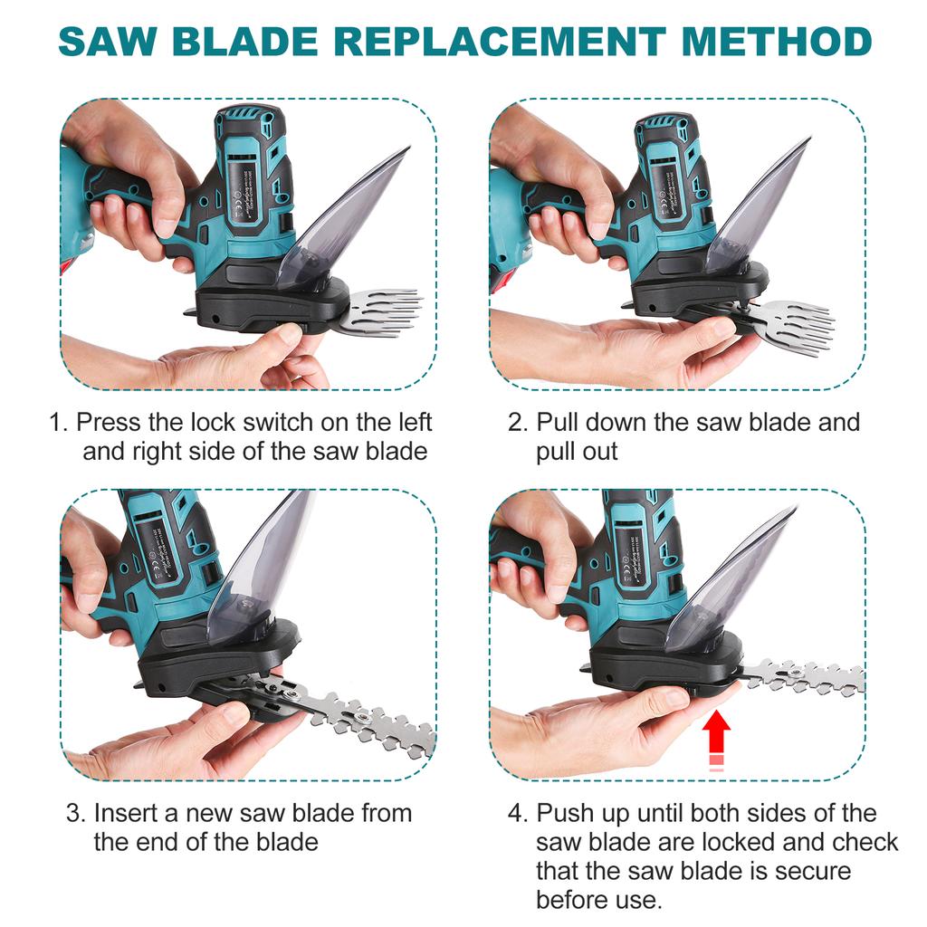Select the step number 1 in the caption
click(x=56, y=423)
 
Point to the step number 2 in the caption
click(x=517, y=423)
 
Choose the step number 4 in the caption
click(x=517, y=813)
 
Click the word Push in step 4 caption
click(x=568, y=813)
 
